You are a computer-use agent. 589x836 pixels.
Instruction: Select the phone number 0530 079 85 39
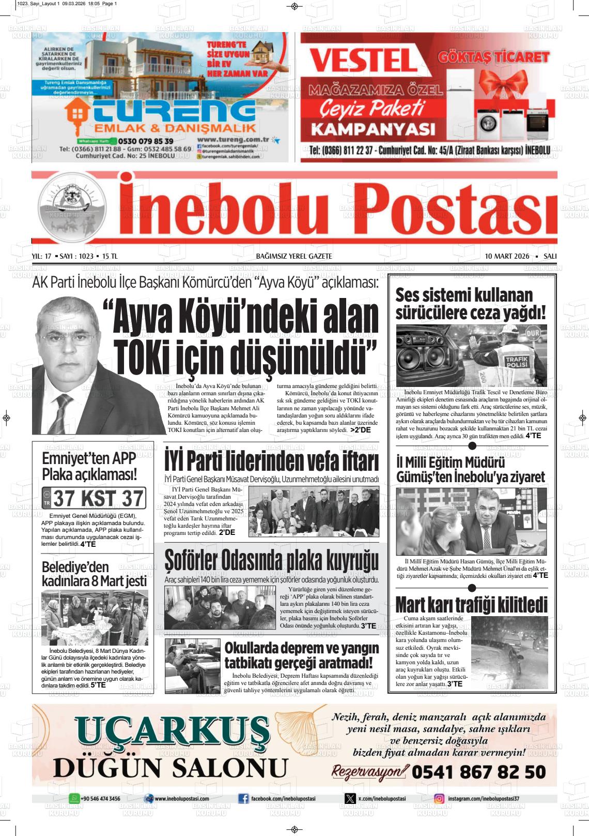[145, 141]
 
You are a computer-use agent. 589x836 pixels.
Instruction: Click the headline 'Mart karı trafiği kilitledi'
[471, 605]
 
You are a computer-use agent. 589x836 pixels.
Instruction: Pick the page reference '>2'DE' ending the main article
[360, 430]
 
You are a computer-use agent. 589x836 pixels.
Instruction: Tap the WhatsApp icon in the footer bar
[74, 799]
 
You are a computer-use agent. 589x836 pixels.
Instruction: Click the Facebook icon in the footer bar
[243, 799]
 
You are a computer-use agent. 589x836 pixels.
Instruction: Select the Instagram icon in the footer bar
[439, 799]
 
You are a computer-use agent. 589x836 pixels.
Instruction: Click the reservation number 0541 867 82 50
[478, 772]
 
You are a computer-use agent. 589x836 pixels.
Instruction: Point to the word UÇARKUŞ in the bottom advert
[173, 731]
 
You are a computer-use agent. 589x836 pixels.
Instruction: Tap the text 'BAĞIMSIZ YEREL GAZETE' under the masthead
[294, 256]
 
